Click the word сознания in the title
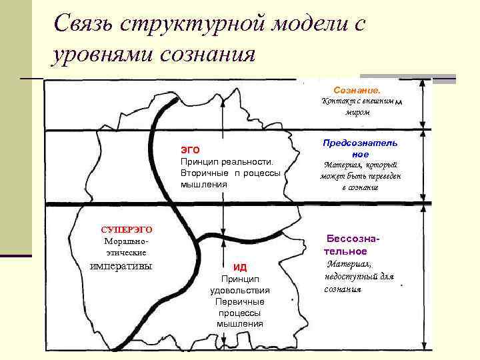[x=207, y=54]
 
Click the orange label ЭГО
[x=191, y=150]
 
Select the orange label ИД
[x=240, y=267]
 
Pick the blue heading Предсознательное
[x=360, y=148]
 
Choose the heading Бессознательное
[x=352, y=244]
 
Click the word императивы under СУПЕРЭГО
[x=121, y=266]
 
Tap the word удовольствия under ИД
[x=240, y=290]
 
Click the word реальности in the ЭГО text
[x=251, y=162]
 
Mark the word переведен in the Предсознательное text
[x=384, y=176]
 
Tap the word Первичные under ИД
[x=240, y=301]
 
